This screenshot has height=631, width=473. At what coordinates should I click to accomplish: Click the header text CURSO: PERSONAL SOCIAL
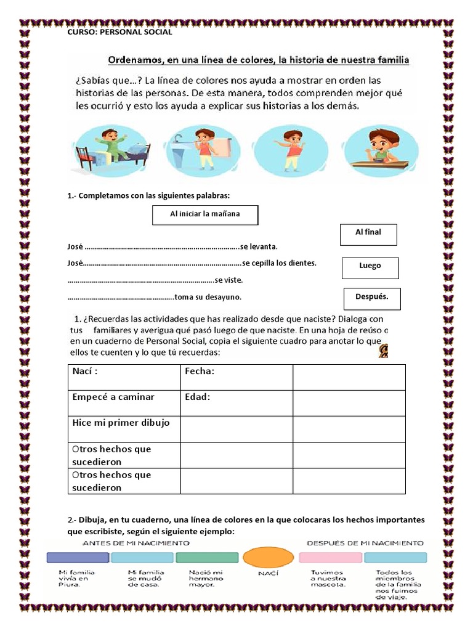(x=119, y=32)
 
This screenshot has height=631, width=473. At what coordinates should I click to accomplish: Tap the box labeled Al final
(x=368, y=234)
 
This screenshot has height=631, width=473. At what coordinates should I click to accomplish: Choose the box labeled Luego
(x=370, y=267)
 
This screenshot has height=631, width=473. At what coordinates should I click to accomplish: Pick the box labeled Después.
(x=372, y=298)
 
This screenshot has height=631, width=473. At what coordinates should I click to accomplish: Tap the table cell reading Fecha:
(x=236, y=377)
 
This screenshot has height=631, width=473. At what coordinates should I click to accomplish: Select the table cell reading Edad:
(x=236, y=402)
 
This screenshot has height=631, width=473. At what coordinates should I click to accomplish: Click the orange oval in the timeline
(x=269, y=557)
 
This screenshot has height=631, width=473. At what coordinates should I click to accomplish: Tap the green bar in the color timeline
(x=207, y=558)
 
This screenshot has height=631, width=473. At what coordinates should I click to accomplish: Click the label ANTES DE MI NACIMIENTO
(x=135, y=543)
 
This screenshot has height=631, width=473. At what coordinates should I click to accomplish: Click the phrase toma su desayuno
(x=208, y=297)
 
